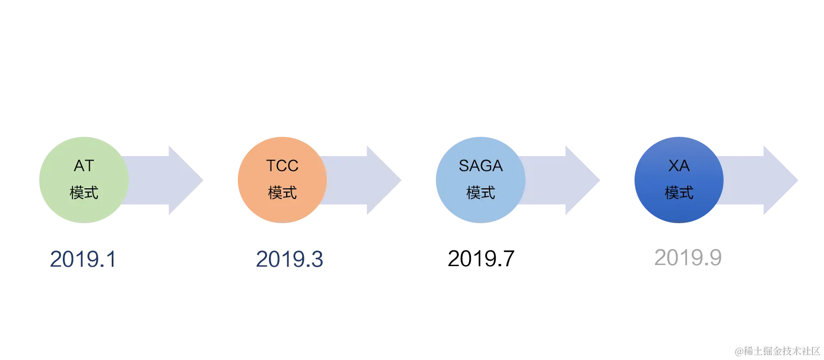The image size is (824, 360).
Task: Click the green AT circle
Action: pyautogui.click(x=84, y=179)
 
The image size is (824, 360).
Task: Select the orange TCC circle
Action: pyautogui.click(x=282, y=179)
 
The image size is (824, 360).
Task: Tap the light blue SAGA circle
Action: pyautogui.click(x=480, y=179)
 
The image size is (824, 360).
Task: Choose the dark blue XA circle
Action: pyautogui.click(x=679, y=179)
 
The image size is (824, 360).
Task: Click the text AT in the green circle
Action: pyautogui.click(x=84, y=166)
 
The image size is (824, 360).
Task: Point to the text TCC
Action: pyautogui.click(x=282, y=166)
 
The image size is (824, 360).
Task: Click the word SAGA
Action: pyautogui.click(x=480, y=166)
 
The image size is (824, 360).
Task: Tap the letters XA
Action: pyautogui.click(x=679, y=166)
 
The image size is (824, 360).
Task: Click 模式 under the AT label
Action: pyautogui.click(x=84, y=193)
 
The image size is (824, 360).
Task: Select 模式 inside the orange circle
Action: pyautogui.click(x=282, y=193)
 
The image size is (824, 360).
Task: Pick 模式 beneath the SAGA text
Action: pyautogui.click(x=480, y=193)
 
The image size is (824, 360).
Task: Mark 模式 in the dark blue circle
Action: pyautogui.click(x=679, y=193)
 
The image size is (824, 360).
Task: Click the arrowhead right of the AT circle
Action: pyautogui.click(x=186, y=180)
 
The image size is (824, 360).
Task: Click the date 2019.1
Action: pyautogui.click(x=82, y=260)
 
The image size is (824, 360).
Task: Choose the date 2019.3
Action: pyautogui.click(x=289, y=260)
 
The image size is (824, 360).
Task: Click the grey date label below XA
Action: pyautogui.click(x=687, y=258)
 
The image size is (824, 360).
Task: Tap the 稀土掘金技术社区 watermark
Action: pyautogui.click(x=778, y=351)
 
